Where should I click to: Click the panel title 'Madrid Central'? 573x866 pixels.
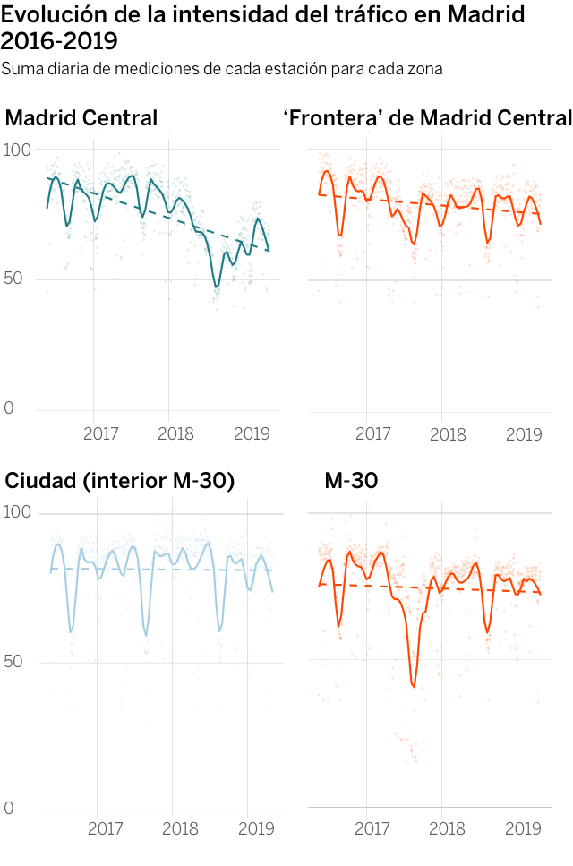pos(81,118)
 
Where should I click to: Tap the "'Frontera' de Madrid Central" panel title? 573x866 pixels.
pos(427,118)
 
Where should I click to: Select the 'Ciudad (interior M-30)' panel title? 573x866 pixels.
pos(120,481)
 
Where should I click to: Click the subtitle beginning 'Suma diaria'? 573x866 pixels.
pos(222,69)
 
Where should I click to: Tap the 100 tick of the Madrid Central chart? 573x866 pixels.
pos(18,150)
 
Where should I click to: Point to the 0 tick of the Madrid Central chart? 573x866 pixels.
pos(9,409)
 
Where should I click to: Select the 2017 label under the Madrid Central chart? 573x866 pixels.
pos(101,434)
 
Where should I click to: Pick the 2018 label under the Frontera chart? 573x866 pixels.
pos(448,434)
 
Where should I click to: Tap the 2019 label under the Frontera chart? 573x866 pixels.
pos(523,434)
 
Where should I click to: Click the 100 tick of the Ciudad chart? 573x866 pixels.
pos(18,512)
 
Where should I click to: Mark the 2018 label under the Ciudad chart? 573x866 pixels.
pos(180,828)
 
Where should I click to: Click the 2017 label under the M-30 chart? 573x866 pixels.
pos(372,828)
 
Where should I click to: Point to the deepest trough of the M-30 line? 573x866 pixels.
pos(414,686)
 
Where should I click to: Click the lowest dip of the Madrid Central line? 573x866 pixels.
pos(216,287)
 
